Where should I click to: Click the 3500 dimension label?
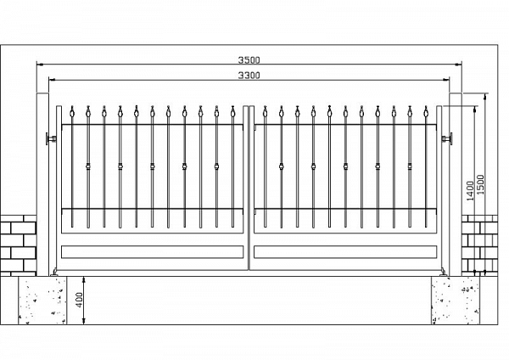[x=249, y=59]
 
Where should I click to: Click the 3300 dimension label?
[x=249, y=76]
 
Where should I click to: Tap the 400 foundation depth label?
[x=79, y=301]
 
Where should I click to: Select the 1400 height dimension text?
[x=470, y=191]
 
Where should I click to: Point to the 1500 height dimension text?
[x=480, y=184]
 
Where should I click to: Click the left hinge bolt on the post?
[x=51, y=138]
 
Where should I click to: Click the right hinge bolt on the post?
[x=447, y=138]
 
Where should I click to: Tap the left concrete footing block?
[x=42, y=301]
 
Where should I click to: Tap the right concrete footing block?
[x=456, y=301]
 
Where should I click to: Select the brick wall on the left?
[x=18, y=245]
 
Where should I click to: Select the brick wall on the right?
[x=479, y=245]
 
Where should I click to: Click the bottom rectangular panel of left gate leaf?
[x=152, y=252]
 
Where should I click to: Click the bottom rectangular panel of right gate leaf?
[x=345, y=252]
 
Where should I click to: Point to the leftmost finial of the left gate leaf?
[x=72, y=111]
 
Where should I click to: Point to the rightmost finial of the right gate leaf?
[x=426, y=111]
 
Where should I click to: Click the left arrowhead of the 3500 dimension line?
[x=40, y=65]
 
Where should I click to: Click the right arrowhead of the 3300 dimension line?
[x=446, y=80]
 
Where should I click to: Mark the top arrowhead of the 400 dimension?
[x=84, y=279]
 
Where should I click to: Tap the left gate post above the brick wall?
[x=42, y=154]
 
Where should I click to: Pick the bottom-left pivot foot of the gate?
[x=54, y=273]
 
